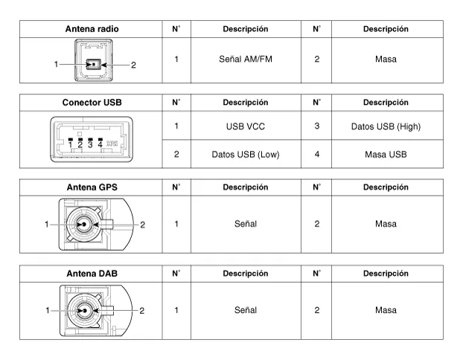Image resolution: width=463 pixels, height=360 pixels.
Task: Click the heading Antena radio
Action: (x=92, y=29)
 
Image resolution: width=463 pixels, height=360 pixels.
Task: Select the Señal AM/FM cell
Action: (x=246, y=59)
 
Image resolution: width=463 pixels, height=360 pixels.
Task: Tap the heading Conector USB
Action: (x=92, y=103)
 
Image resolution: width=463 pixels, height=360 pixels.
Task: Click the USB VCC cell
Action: (x=246, y=126)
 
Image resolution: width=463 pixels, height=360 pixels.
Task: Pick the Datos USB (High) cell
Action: (x=386, y=126)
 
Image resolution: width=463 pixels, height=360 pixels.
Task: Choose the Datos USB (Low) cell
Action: (x=246, y=155)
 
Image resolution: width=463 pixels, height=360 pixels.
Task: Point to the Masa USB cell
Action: (x=386, y=155)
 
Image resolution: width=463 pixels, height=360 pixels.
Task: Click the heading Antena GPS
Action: (x=92, y=187)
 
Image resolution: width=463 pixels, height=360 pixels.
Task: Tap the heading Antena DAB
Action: (x=92, y=274)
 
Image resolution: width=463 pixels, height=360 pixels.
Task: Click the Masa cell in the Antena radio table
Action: (x=386, y=59)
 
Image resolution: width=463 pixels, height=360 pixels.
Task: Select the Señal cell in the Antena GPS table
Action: (x=246, y=224)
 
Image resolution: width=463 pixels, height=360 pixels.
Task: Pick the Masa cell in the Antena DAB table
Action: (x=386, y=310)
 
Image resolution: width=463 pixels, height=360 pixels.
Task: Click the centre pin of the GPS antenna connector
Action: (x=84, y=224)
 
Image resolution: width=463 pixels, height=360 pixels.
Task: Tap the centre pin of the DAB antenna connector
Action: (x=84, y=310)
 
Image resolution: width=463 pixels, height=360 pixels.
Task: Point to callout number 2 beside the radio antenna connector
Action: (x=133, y=65)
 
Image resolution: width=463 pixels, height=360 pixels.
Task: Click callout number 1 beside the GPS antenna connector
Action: (x=46, y=224)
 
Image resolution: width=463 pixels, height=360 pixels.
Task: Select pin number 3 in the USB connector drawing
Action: (x=90, y=144)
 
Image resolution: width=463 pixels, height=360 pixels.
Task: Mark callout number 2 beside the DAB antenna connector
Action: (x=141, y=310)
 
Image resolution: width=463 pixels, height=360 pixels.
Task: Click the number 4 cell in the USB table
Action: (x=316, y=155)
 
